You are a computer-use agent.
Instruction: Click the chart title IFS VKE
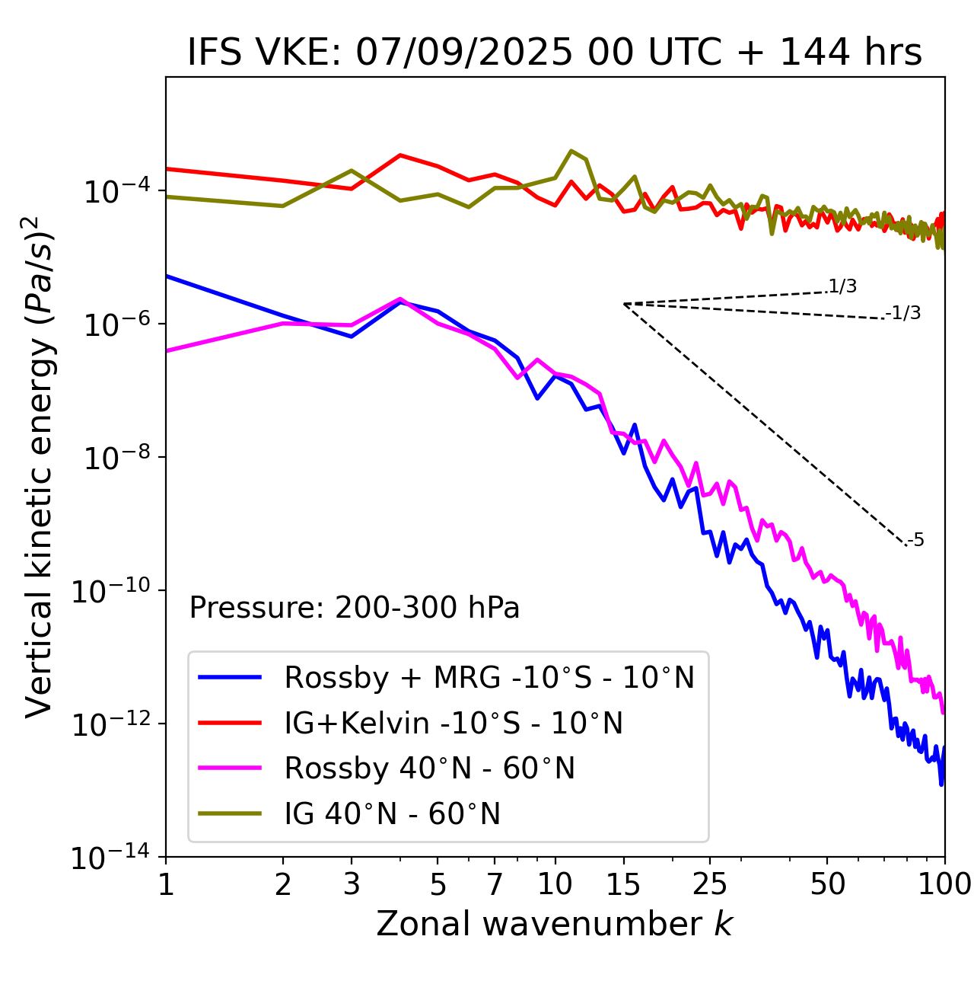pos(554,53)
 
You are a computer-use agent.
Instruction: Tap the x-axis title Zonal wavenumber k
pos(554,923)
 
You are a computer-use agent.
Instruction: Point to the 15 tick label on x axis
pos(623,884)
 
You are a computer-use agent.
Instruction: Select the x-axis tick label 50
pos(827,884)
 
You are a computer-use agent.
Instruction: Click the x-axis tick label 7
pos(495,884)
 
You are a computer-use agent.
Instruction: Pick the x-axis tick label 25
pos(709,884)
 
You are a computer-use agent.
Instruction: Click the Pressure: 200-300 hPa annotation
pos(354,608)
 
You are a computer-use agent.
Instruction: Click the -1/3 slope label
pos(904,313)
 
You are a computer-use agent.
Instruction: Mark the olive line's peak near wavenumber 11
pos(571,151)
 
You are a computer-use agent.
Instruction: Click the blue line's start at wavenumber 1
pos(167,276)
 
